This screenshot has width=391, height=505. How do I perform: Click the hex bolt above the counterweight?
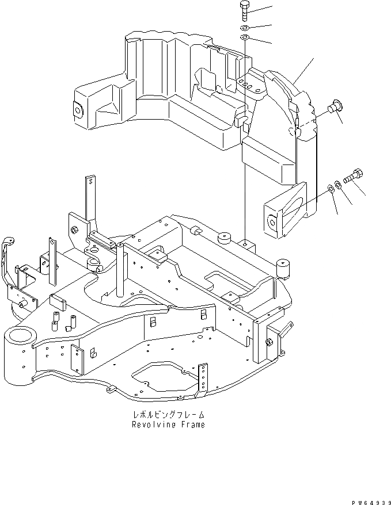pyautogui.click(x=244, y=10)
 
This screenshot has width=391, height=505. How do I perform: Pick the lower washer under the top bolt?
pyautogui.click(x=245, y=38)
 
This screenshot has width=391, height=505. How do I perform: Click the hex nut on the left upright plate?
pyautogui.click(x=74, y=230)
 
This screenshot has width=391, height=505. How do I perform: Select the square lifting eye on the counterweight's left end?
pyautogui.click(x=77, y=108)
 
